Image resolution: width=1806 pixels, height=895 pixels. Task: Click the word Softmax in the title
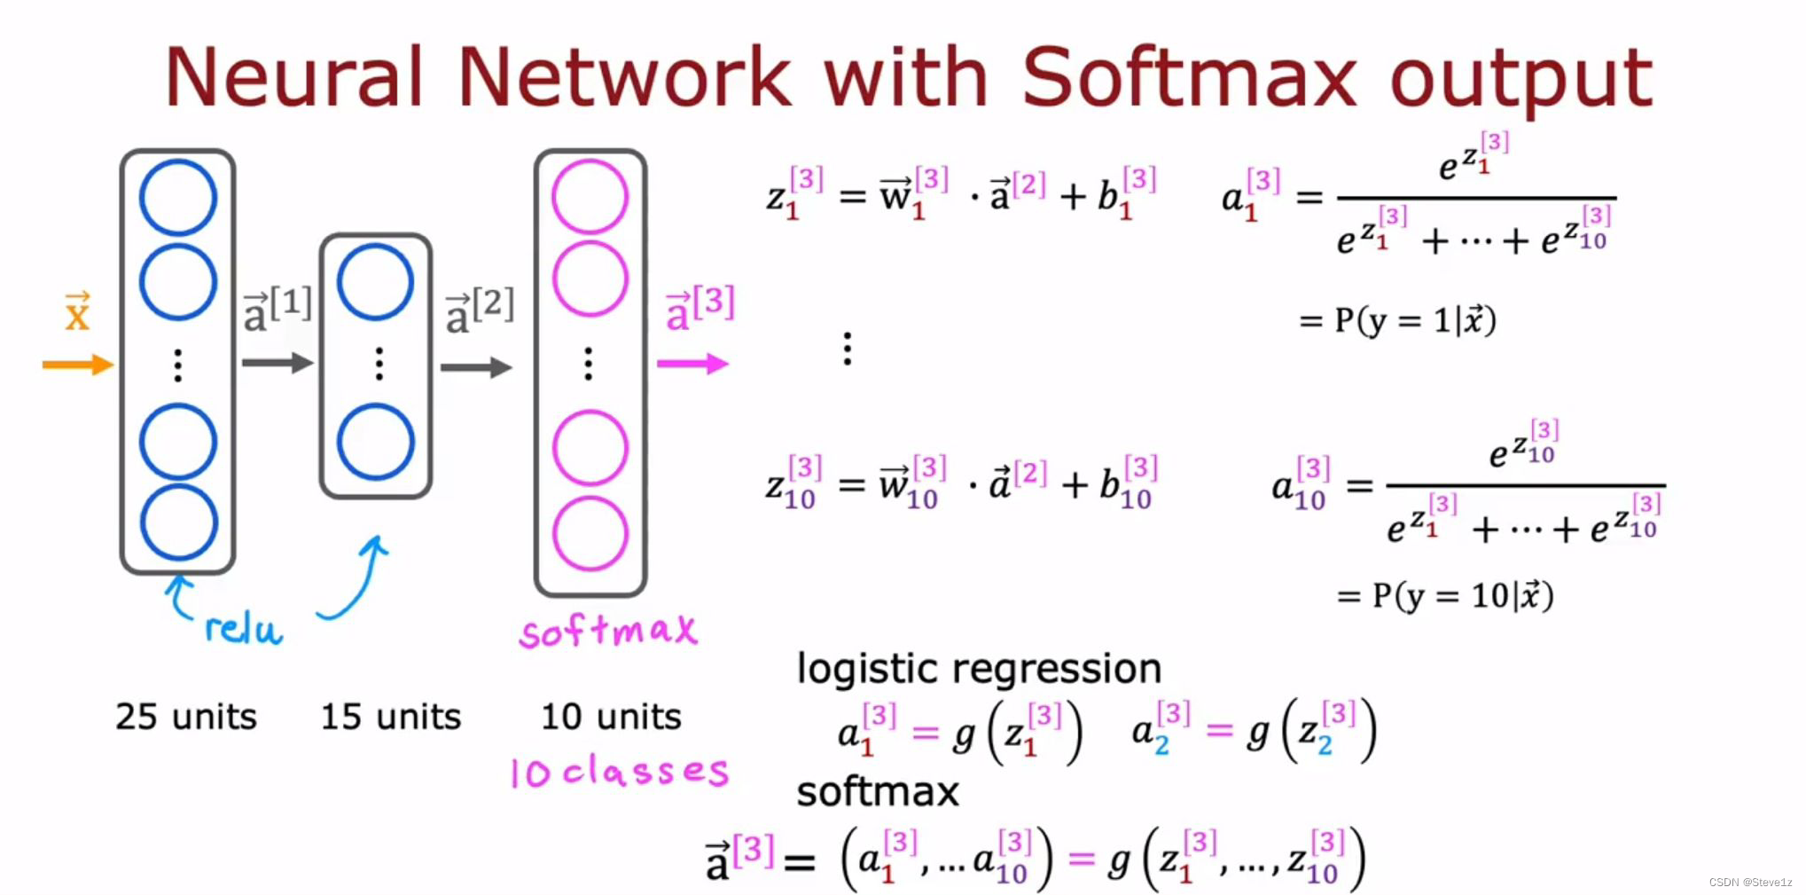(1188, 77)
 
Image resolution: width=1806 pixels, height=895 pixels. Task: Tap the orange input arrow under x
(78, 365)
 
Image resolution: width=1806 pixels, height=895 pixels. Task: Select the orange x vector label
(77, 311)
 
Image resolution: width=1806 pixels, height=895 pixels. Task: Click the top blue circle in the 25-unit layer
(178, 198)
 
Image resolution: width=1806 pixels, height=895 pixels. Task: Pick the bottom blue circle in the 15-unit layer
(375, 442)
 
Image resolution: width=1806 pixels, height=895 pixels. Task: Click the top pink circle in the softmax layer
(590, 197)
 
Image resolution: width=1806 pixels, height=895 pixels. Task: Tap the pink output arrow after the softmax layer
(692, 364)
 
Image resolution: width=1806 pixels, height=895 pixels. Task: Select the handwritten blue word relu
(242, 629)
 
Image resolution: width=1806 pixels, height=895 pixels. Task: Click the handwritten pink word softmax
(608, 632)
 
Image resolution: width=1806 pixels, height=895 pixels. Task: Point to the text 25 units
(186, 717)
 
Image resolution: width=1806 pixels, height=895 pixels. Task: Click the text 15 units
(391, 717)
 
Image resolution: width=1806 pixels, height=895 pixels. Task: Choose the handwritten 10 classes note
(619, 772)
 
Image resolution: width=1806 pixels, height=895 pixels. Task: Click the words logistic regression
(979, 669)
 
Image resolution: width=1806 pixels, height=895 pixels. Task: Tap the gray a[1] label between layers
(277, 308)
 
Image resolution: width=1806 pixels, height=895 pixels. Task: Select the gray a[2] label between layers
(479, 310)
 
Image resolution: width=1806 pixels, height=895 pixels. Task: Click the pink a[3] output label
(700, 307)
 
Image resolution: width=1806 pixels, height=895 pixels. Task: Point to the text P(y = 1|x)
(1397, 320)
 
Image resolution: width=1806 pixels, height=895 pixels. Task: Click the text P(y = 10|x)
(1445, 595)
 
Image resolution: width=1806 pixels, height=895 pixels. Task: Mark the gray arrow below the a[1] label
(278, 362)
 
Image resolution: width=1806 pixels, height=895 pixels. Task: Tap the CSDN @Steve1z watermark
(1749, 883)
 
